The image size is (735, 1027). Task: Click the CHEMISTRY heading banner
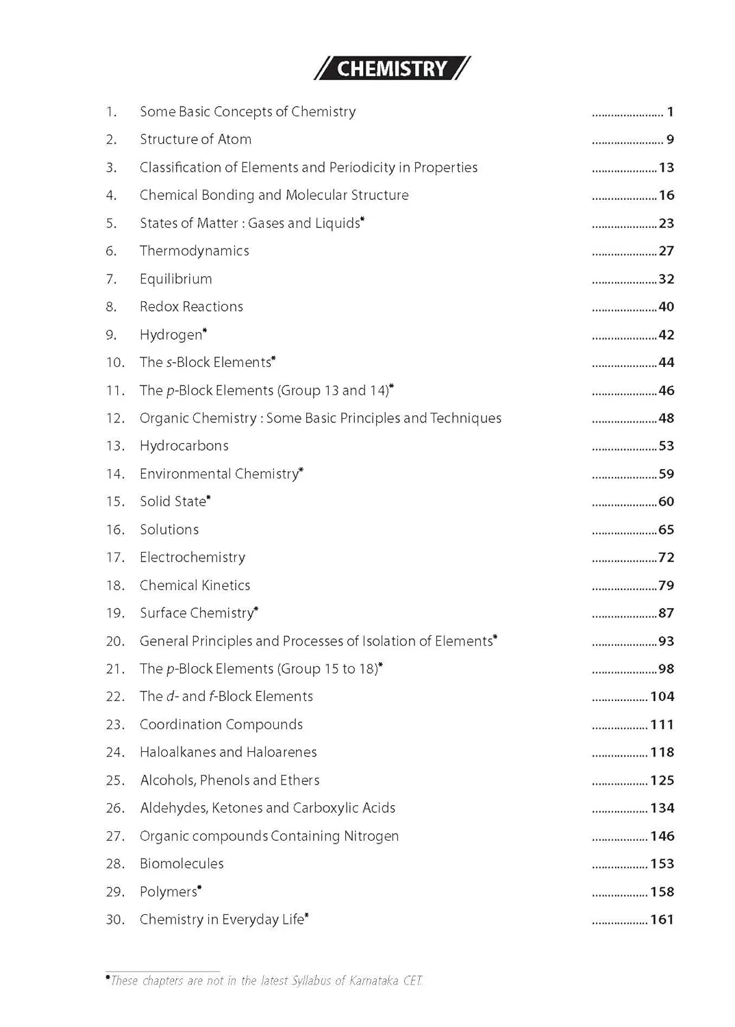(392, 68)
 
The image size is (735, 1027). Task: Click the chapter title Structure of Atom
(195, 140)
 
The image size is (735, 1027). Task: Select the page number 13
(667, 168)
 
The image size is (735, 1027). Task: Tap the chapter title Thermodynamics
(194, 251)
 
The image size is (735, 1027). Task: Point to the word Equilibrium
(175, 279)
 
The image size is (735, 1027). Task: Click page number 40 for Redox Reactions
(667, 307)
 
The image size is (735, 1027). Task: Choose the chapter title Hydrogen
(171, 335)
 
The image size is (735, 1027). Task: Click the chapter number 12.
(115, 418)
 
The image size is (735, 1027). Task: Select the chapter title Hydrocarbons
(184, 446)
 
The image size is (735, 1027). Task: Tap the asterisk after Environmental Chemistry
(301, 470)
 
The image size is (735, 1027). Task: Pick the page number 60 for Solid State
(667, 502)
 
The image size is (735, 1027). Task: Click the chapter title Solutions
(169, 530)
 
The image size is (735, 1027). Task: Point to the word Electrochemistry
(192, 557)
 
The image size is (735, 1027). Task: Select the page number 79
(667, 585)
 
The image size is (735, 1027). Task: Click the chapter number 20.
(115, 642)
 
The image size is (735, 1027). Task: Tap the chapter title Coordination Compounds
(221, 724)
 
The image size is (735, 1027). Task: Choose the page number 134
(662, 808)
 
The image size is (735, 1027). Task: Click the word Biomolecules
(182, 864)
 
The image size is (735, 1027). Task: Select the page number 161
(662, 920)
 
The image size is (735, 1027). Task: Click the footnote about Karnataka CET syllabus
(266, 980)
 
